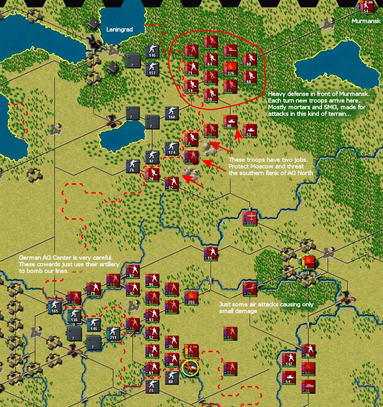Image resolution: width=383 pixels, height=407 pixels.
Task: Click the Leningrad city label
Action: [119, 29]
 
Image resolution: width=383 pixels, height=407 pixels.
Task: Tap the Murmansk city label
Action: [366, 21]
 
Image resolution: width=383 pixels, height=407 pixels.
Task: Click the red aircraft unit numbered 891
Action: [250, 218]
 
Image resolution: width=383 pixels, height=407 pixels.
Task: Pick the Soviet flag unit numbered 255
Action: [191, 298]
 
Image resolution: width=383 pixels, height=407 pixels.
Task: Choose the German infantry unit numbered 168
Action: [172, 113]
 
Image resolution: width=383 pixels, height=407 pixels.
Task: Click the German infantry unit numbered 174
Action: [172, 148]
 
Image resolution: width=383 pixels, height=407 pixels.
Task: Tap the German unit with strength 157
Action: [152, 68]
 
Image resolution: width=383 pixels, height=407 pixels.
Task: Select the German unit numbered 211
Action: [113, 333]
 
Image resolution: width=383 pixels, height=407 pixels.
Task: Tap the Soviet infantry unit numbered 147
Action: [289, 360]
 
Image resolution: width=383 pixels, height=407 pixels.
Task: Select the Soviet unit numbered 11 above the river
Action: [211, 254]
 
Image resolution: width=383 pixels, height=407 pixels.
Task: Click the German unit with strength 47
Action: [152, 157]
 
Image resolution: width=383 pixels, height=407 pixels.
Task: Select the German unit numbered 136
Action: [74, 315]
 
